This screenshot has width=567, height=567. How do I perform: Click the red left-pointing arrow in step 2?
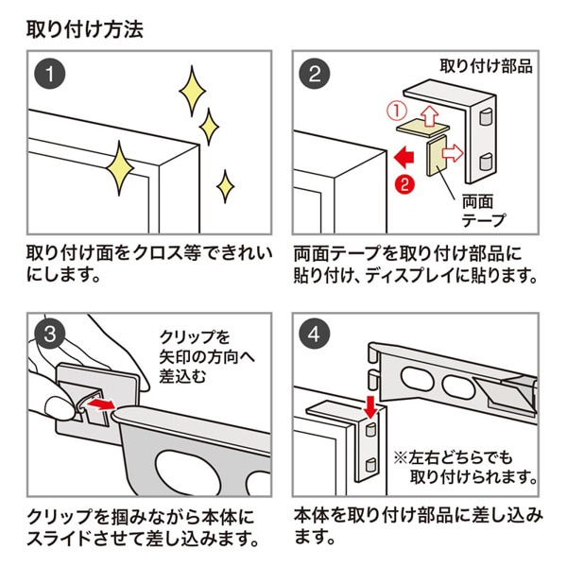pos(405,153)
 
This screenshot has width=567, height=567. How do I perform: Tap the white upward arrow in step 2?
pos(427,117)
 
